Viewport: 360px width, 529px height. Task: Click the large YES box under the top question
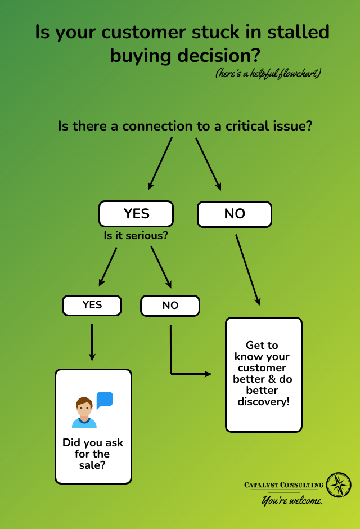pos(136,214)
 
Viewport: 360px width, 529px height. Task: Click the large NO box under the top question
pos(235,214)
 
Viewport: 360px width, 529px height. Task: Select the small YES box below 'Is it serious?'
pos(92,305)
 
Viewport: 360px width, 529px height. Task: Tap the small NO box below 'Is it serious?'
pos(170,306)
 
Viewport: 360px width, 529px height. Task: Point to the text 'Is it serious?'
pos(136,235)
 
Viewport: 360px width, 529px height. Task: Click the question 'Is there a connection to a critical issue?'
pos(185,125)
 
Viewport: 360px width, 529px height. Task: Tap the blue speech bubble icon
pos(105,400)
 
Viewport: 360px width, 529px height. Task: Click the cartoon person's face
pos(84,408)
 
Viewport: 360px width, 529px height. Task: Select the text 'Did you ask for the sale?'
pos(93,454)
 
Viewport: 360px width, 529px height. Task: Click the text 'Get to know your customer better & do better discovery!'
pos(263,373)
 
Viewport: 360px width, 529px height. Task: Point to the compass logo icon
pos(339,485)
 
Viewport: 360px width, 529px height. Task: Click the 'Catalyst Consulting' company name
pos(284,485)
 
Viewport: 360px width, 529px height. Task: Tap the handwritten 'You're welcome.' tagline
pos(292,500)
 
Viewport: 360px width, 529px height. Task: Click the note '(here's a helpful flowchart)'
pos(268,74)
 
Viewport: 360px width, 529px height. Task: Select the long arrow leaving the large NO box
pos(247,269)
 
